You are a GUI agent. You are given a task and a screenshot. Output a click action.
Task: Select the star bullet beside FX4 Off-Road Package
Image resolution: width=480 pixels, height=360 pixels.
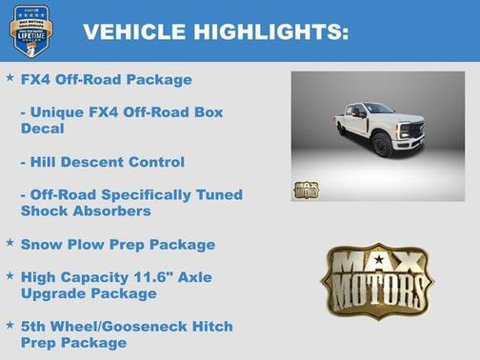(10, 77)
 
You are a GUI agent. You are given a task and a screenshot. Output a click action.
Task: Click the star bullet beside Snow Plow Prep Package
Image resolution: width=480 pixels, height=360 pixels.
(10, 242)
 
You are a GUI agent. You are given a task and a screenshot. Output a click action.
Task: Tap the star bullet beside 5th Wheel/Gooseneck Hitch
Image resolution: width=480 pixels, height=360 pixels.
(10, 325)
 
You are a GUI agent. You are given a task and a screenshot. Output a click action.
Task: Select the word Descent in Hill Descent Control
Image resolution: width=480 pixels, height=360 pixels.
(99, 161)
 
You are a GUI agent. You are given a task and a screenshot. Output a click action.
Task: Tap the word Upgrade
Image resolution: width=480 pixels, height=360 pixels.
(52, 294)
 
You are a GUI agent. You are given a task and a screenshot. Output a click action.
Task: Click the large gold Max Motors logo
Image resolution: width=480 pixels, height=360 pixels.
(376, 282)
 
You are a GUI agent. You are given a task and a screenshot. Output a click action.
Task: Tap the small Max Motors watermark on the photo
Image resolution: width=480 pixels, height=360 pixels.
(306, 189)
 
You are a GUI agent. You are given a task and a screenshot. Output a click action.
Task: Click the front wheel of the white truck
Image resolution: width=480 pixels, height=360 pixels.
(381, 146)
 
